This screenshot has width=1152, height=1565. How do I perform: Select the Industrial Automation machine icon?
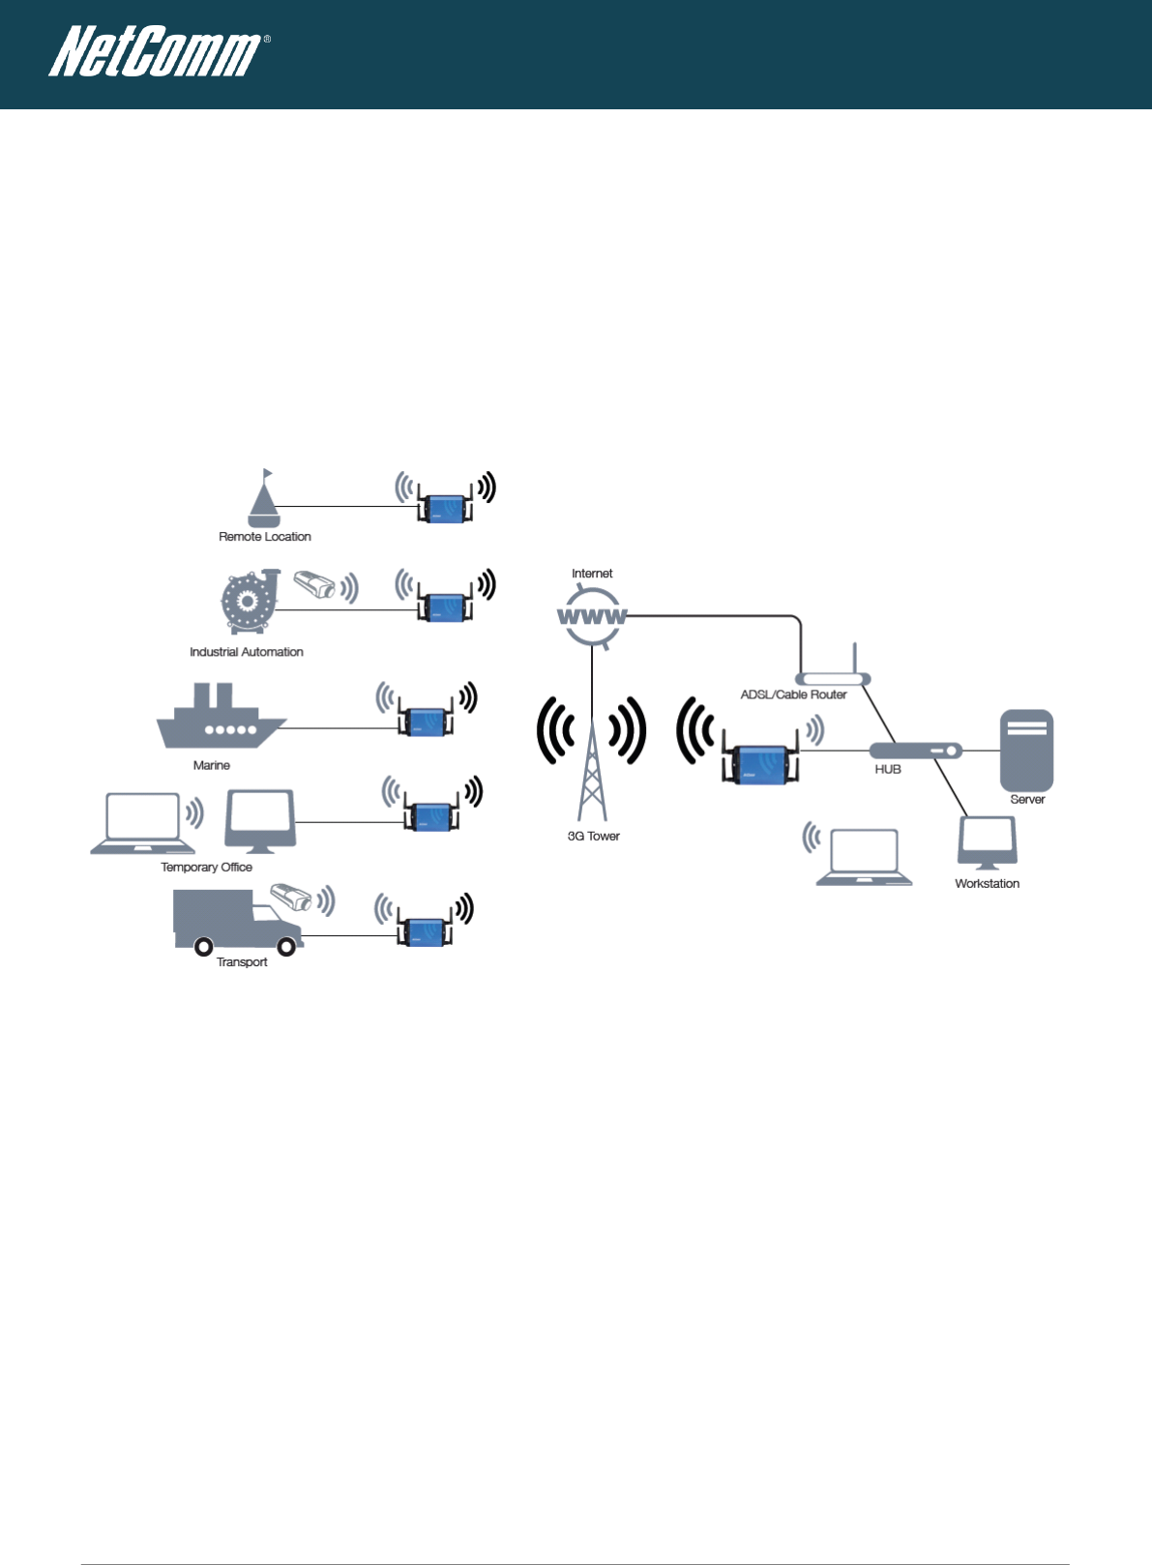pyautogui.click(x=249, y=603)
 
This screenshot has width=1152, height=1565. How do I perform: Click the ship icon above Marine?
pyautogui.click(x=221, y=718)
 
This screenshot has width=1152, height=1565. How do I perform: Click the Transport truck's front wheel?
pyautogui.click(x=286, y=947)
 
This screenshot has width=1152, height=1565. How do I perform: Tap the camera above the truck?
pyautogui.click(x=291, y=897)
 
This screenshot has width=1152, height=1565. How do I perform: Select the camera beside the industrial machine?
pyautogui.click(x=314, y=585)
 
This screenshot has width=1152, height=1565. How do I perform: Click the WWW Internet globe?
pyautogui.click(x=592, y=616)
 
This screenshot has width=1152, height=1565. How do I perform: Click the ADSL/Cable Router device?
pyautogui.click(x=832, y=678)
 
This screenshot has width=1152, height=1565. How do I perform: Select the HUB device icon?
pyautogui.click(x=915, y=751)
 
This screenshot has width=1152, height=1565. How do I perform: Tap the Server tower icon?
pyautogui.click(x=1026, y=751)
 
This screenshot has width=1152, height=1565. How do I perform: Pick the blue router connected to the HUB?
pyautogui.click(x=760, y=764)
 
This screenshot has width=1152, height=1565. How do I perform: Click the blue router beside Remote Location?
pyautogui.click(x=446, y=508)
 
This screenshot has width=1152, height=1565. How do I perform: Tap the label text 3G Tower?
pyautogui.click(x=593, y=836)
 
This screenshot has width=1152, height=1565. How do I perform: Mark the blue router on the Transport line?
pyautogui.click(x=425, y=930)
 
